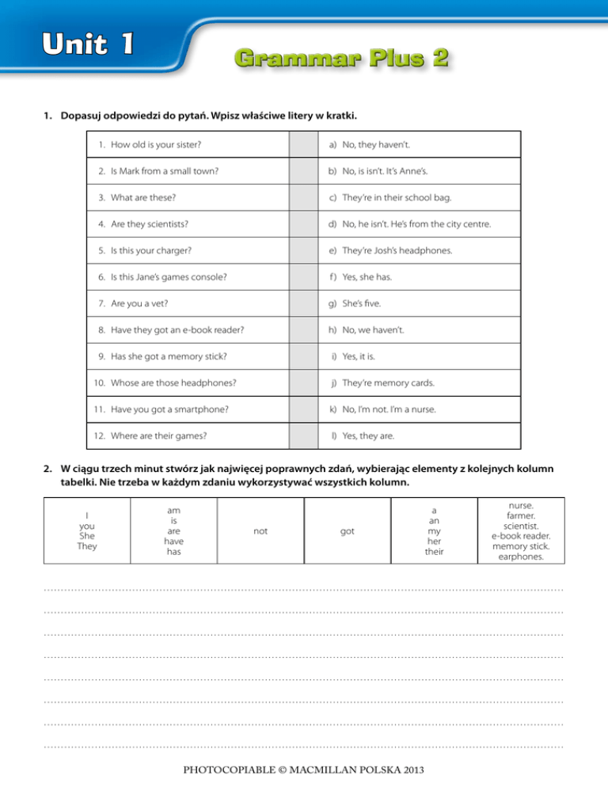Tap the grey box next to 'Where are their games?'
click(x=301, y=435)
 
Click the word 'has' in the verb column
click(x=173, y=551)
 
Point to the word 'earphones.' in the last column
click(x=521, y=557)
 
